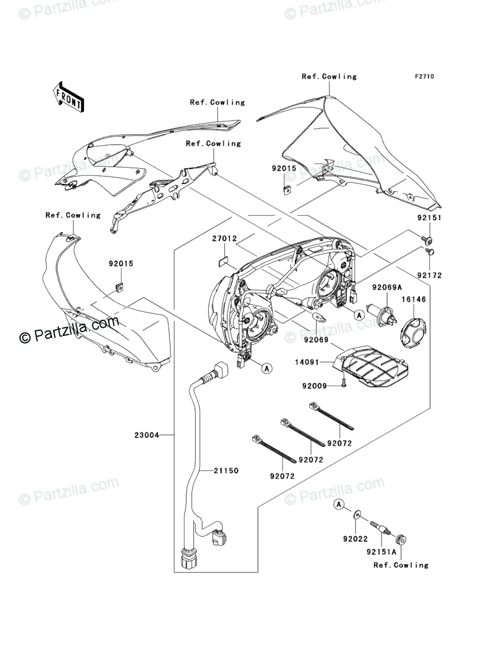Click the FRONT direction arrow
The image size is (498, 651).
pos(69,95)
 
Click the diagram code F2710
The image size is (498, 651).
pos(423,77)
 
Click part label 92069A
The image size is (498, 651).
pos(387,287)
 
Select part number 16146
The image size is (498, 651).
pos(414,299)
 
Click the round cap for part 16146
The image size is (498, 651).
pos(413,329)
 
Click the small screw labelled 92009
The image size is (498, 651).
pos(344,384)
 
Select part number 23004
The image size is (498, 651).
pos(147,436)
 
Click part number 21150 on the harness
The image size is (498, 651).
pos(226,471)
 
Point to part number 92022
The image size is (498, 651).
pos(355,539)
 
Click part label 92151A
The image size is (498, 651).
pos(382,553)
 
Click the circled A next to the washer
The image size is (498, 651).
pos(338,504)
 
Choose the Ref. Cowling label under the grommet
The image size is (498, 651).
pos(401,565)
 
